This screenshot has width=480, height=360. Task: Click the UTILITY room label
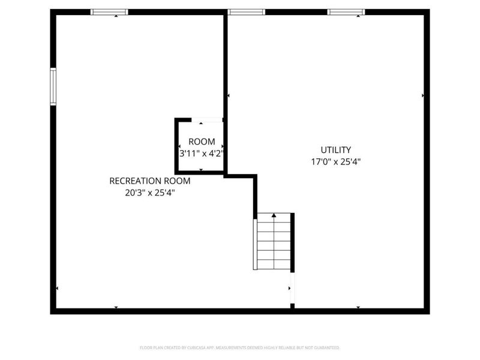point(335,150)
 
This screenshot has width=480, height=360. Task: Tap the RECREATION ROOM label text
point(149,181)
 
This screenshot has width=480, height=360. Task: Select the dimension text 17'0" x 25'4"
point(335,161)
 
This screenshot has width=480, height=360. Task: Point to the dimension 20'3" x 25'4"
point(149,193)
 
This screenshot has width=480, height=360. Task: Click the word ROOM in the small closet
point(202,142)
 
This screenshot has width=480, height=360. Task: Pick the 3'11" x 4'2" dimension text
point(202,153)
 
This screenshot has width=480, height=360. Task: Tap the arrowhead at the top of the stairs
point(274,215)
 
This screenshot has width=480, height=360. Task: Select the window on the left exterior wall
point(53,87)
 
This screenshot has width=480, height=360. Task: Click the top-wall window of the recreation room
point(109,11)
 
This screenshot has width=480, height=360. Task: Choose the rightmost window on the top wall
point(346,11)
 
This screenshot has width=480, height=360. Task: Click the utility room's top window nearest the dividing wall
point(247,11)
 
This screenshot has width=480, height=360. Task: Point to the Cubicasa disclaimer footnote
point(239,347)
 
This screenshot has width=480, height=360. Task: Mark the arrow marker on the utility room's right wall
point(423,95)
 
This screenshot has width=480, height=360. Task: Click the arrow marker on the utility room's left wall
point(229,95)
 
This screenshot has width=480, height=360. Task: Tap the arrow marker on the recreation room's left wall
point(57,289)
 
